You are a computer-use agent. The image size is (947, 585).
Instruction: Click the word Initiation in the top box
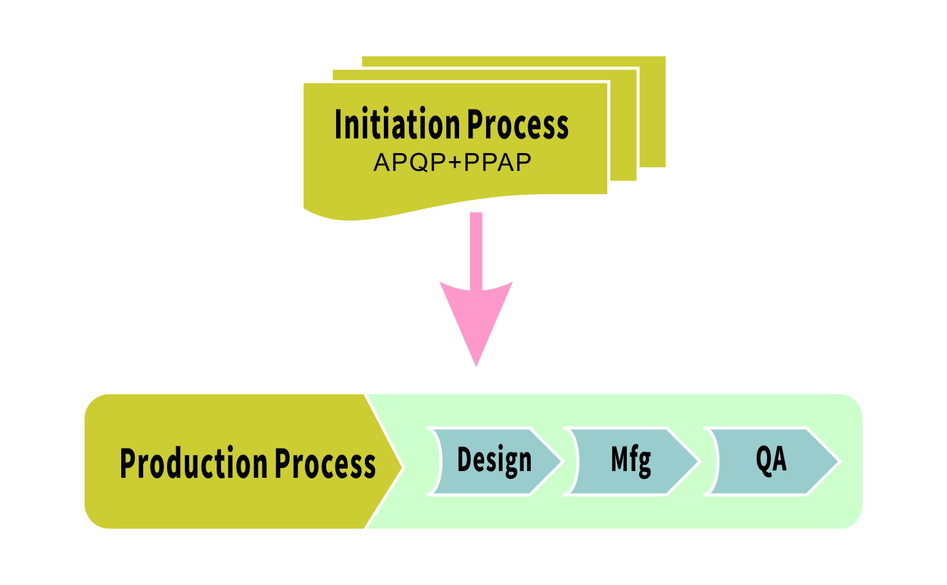398,124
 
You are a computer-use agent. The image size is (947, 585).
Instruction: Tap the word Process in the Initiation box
518,124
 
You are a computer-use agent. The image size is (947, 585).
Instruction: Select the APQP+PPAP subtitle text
452,163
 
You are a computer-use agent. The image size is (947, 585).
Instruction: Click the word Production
193,463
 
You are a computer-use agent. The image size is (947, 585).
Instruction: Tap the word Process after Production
324,463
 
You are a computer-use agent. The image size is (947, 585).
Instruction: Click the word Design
495,460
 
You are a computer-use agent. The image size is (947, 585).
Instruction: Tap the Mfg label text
631,460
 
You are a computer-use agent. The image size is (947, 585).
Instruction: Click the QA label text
771,459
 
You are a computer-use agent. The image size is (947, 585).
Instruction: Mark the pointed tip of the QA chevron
839,461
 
